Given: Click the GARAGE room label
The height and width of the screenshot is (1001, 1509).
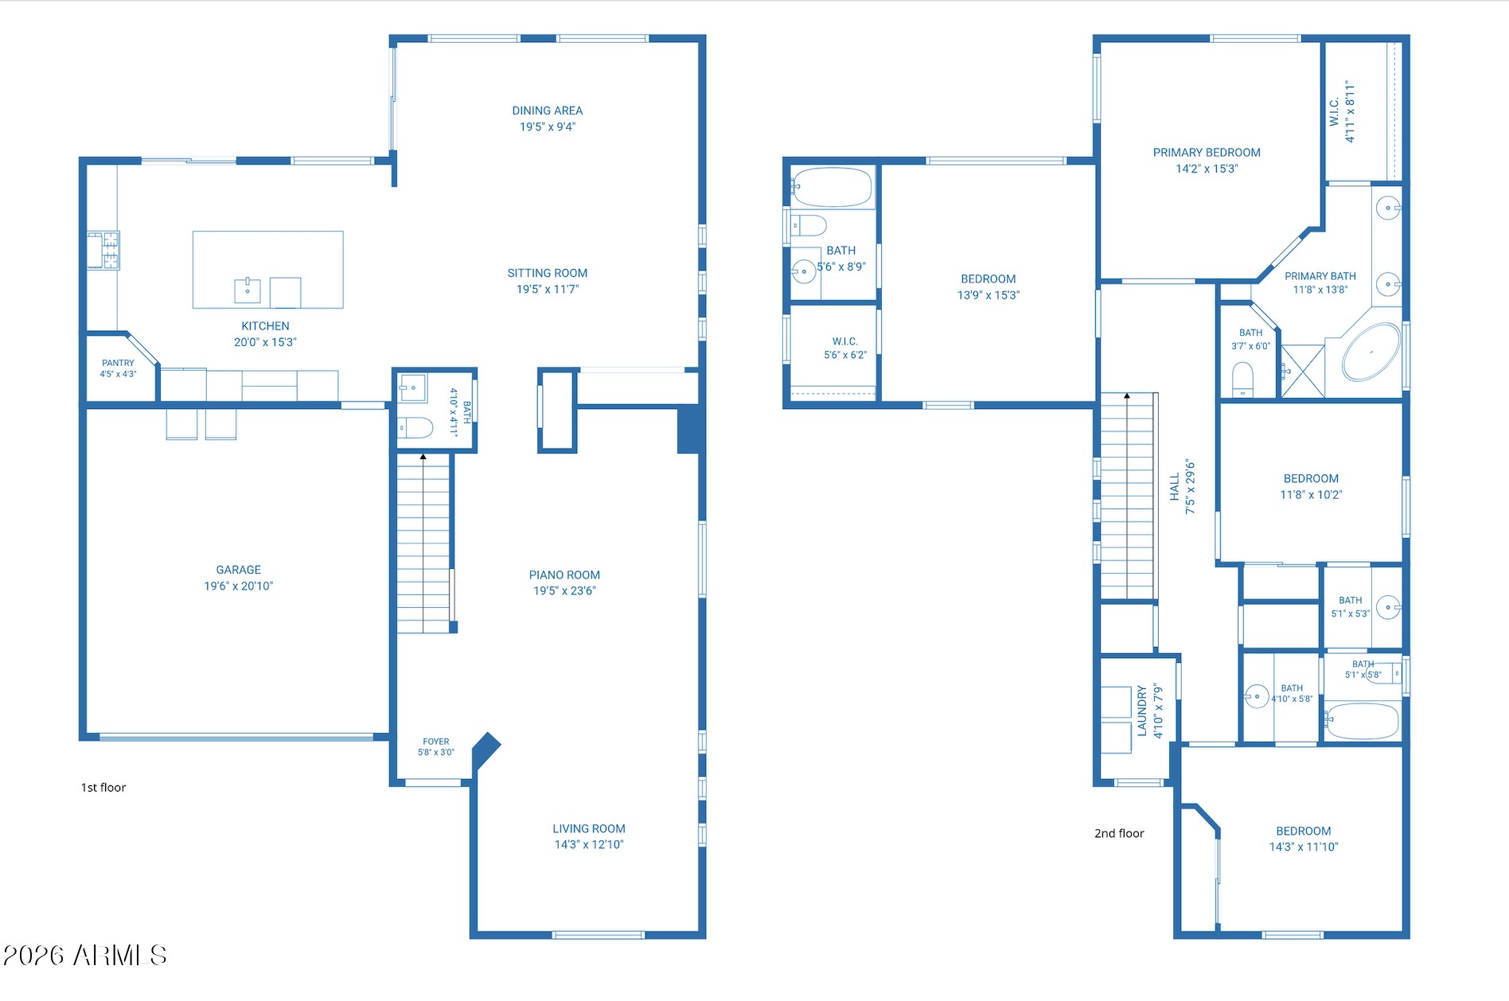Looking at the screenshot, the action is point(239,570).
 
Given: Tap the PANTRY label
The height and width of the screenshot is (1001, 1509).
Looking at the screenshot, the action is point(118,363).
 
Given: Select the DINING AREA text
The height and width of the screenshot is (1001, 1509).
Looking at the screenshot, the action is point(548,111).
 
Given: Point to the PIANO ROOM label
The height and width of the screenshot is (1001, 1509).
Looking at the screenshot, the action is point(564,575).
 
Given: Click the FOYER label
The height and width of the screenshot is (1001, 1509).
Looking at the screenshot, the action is point(436,742).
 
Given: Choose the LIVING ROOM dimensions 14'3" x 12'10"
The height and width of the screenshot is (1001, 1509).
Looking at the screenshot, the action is point(589,845).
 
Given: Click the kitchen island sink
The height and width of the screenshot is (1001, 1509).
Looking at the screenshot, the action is point(248,290).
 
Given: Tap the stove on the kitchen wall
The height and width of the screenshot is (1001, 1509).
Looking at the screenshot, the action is point(103,250).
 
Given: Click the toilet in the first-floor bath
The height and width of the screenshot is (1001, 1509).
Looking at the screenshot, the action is point(415,428).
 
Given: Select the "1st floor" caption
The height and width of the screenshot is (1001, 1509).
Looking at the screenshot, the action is point(103,788).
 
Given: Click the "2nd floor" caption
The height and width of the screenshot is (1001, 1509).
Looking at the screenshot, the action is point(1119,834).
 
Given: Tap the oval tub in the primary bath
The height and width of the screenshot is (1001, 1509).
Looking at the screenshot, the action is point(1371,352).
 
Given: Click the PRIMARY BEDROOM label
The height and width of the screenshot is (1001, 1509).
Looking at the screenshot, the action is point(1207,153).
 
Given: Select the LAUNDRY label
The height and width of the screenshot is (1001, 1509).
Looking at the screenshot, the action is point(1142,711).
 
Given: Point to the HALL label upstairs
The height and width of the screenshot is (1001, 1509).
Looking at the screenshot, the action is point(1175,487).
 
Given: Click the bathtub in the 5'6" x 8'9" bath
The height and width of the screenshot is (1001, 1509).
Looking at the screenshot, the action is point(832,188).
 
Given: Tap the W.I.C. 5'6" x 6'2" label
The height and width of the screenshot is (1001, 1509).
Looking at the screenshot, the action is point(845,349).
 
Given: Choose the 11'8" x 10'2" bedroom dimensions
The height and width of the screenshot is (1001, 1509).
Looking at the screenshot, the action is point(1311,495).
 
